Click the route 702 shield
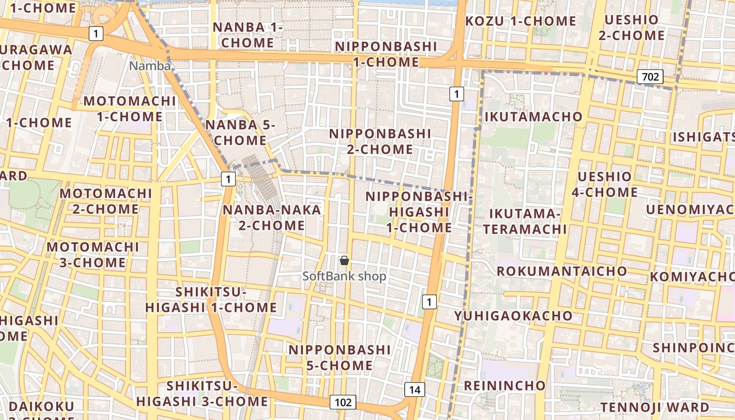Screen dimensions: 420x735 (650, 77)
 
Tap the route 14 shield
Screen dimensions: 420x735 (414, 390)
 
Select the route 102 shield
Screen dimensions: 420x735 (343, 402)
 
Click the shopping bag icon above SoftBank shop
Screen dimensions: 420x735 (344, 260)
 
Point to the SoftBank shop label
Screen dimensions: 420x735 (344, 276)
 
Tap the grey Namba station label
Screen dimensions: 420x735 (150, 66)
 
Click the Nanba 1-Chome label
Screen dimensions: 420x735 (247, 35)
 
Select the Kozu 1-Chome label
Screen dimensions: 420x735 (521, 21)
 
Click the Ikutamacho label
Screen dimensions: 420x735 (533, 117)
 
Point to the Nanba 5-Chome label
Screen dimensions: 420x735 (240, 133)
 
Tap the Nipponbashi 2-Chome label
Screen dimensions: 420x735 (380, 141)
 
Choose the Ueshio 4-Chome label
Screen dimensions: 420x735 (604, 184)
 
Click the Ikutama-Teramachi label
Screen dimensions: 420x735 (525, 221)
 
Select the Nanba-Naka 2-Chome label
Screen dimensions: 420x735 (271, 217)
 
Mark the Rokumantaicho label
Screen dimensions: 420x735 (562, 271)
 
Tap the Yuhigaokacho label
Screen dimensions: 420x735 (513, 316)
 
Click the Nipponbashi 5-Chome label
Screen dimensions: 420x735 (339, 358)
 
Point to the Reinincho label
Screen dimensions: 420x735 (505, 385)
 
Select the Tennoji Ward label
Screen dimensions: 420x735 (655, 407)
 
